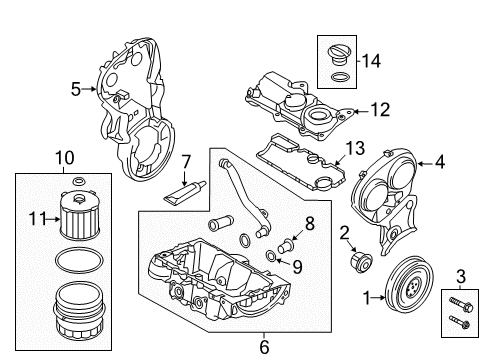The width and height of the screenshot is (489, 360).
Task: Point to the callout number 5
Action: coord(76,89)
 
